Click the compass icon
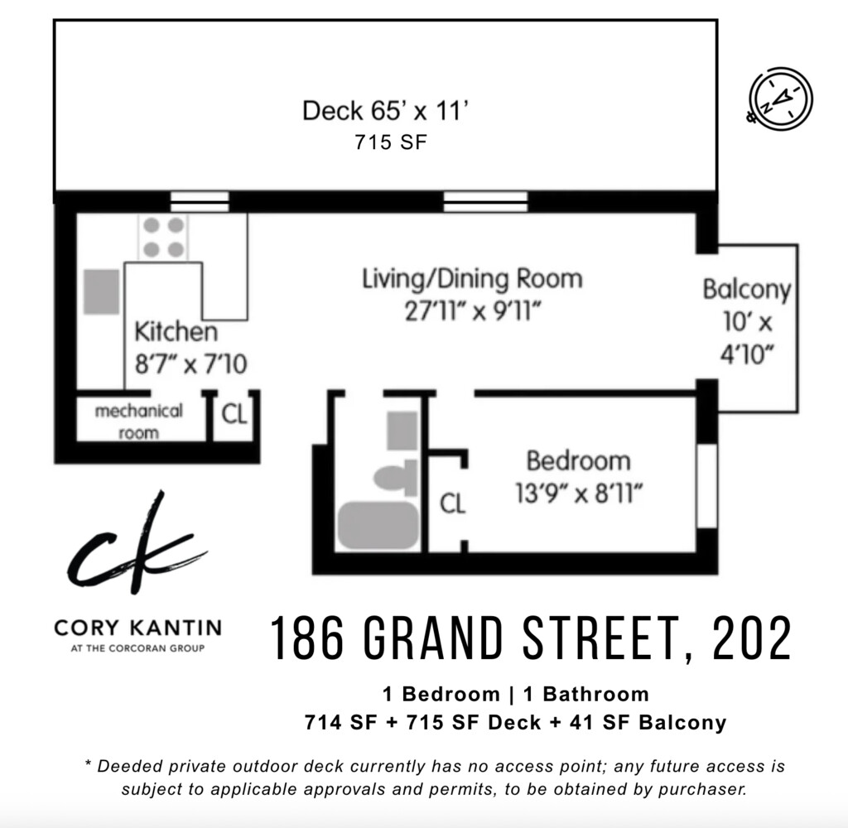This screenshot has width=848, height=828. click(780, 98)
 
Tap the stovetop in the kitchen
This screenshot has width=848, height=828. click(163, 236)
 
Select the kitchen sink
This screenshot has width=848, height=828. click(101, 291)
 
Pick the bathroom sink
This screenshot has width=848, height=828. click(402, 431)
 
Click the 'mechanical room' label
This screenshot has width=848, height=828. click(138, 421)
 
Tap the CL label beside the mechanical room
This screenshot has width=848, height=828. click(234, 413)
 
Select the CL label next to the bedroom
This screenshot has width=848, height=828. click(452, 503)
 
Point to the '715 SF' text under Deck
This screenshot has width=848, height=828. click(391, 142)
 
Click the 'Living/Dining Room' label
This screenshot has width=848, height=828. click(472, 278)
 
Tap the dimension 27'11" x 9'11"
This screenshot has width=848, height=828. click(472, 312)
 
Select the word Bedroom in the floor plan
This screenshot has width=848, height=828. click(578, 460)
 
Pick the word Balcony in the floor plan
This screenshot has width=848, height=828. click(746, 290)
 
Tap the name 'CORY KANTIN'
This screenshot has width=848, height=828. click(137, 627)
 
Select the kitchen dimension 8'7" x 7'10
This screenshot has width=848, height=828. click(190, 363)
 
